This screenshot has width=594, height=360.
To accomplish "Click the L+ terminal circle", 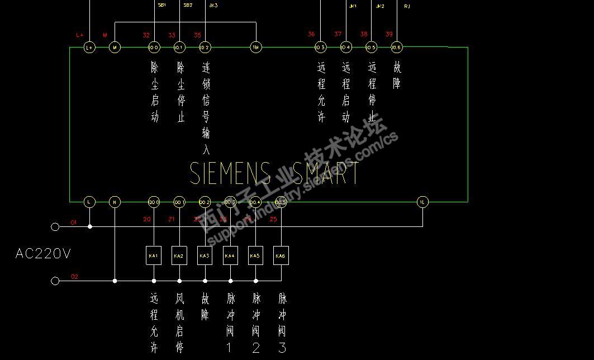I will coord(89,48).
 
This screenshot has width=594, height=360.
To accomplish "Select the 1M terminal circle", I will coord(255,48).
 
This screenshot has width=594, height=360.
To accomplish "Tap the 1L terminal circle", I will coord(422,202).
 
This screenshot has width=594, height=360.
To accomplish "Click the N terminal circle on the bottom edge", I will coord(115,202).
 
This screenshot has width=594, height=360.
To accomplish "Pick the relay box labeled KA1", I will coord(154,255).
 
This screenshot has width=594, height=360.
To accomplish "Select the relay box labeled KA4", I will coord(230,255).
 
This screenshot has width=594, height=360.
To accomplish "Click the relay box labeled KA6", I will coord(281,255).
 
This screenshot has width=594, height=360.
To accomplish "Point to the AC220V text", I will coord(43,254).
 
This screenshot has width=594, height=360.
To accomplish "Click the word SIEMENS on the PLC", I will coord(230,173).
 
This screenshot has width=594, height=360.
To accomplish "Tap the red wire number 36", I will coord(311,34).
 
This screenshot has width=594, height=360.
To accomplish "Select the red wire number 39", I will coord(389,34).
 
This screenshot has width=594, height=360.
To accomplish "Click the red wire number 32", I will coord(146,35).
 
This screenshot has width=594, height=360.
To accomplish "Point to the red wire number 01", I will coord(74,222).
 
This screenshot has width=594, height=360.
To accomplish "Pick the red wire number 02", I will coord(74,277).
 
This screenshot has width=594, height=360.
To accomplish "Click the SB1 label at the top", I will coord(161,4).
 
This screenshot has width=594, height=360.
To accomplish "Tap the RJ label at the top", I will coord(406,6).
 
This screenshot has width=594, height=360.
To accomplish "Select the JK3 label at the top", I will coord(213,5).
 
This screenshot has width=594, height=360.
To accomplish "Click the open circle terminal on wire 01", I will coord(55,226).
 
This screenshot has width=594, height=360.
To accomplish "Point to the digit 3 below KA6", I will coord(282,347).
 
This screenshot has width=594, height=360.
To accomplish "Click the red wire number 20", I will coord(147,219).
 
